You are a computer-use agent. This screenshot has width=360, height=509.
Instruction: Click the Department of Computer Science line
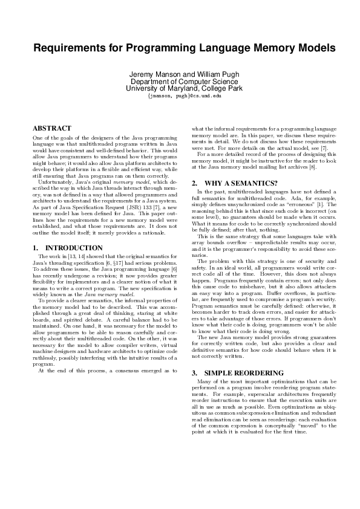(180, 81)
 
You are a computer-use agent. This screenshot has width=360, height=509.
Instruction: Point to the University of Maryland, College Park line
(180, 88)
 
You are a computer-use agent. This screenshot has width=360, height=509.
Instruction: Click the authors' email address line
(180, 96)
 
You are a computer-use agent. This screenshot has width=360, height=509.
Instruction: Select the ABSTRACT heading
(51, 128)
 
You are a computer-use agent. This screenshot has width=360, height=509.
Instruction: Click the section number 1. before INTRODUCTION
(35, 248)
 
